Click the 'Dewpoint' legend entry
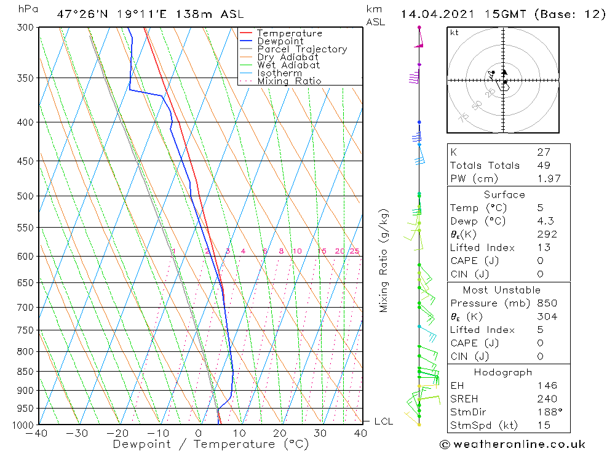pos(280,41)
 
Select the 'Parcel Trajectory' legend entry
pos(301,49)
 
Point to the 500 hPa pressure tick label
pos(25,196)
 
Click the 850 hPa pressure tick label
pos(25,372)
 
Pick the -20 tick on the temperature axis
pos(117,433)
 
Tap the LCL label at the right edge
pos(383,421)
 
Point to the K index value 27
pos(543,152)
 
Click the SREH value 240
pos(547,399)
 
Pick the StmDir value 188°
pos(547,412)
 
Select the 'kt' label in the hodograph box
pos(454,33)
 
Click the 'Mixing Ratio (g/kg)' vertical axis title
pos(384,260)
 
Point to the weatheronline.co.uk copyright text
pos(512,444)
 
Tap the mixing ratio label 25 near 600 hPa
pos(354,251)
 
